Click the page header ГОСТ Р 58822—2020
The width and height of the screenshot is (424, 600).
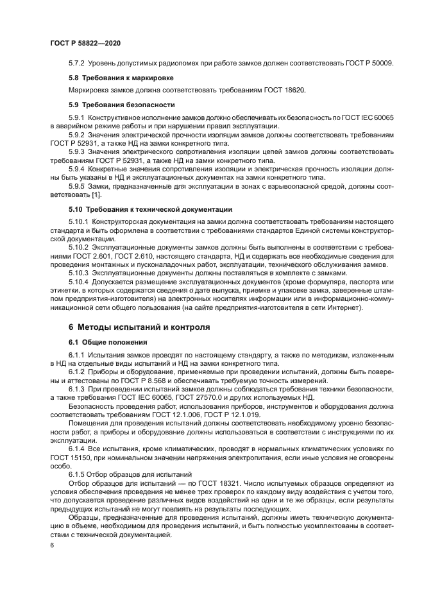[x=85, y=42]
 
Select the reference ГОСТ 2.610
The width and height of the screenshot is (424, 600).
[x=131, y=256]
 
